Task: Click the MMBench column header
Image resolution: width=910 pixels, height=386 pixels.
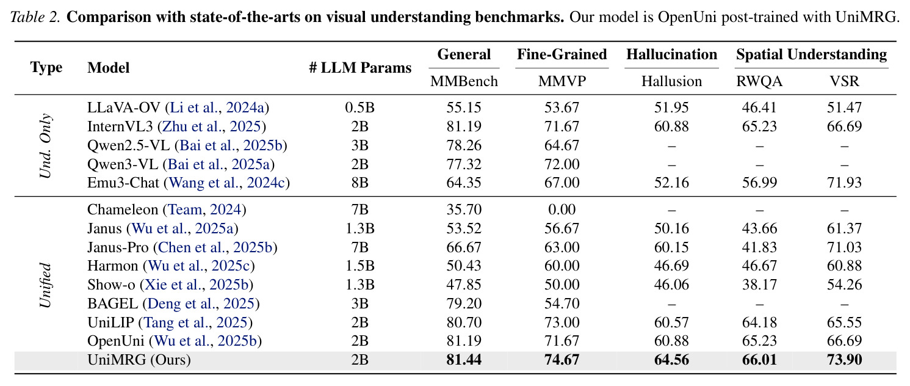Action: pyautogui.click(x=464, y=81)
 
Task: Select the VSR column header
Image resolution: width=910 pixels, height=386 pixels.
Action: pyautogui.click(x=844, y=81)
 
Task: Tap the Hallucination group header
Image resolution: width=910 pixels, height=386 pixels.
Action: pyautogui.click(x=671, y=54)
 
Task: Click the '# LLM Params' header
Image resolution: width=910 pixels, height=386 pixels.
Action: pyautogui.click(x=360, y=68)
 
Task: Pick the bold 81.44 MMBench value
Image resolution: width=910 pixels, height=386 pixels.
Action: pyautogui.click(x=464, y=360)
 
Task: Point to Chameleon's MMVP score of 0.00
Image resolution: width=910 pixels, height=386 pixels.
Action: pyautogui.click(x=562, y=209)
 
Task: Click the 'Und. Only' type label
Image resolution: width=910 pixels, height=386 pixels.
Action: pyautogui.click(x=46, y=145)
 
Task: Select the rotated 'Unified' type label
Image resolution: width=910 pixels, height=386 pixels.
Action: pyautogui.click(x=45, y=285)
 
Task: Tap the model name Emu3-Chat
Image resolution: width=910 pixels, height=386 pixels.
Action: pyautogui.click(x=123, y=183)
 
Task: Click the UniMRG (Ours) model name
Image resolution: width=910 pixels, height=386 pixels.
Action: pyautogui.click(x=139, y=360)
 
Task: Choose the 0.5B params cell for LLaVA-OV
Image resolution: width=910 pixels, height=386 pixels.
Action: pyautogui.click(x=359, y=107)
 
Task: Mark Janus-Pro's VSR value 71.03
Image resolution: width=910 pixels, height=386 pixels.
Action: pyautogui.click(x=844, y=247)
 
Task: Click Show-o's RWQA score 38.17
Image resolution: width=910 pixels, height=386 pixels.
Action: pyautogui.click(x=759, y=285)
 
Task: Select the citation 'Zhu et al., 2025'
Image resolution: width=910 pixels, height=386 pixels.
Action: pyautogui.click(x=211, y=126)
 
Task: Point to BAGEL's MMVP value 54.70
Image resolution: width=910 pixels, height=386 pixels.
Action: pyautogui.click(x=562, y=304)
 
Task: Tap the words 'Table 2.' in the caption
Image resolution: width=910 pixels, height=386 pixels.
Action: pyautogui.click(x=35, y=17)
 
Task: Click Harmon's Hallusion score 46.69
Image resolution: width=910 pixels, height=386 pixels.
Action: pyautogui.click(x=671, y=266)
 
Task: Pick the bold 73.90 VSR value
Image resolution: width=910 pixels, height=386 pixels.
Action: pyautogui.click(x=844, y=360)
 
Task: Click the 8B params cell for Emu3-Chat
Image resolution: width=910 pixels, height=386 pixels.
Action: pyautogui.click(x=359, y=183)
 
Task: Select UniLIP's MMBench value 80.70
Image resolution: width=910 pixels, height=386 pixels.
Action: pyautogui.click(x=464, y=322)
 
